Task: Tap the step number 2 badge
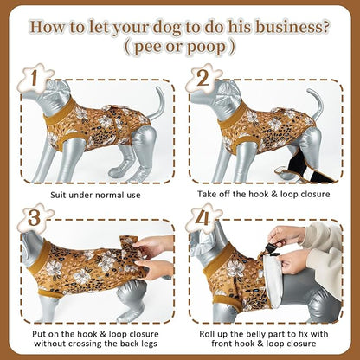(x=202, y=77)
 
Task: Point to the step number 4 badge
(x=202, y=218)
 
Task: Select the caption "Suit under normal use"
(x=95, y=195)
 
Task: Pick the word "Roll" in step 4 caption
(x=208, y=334)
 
